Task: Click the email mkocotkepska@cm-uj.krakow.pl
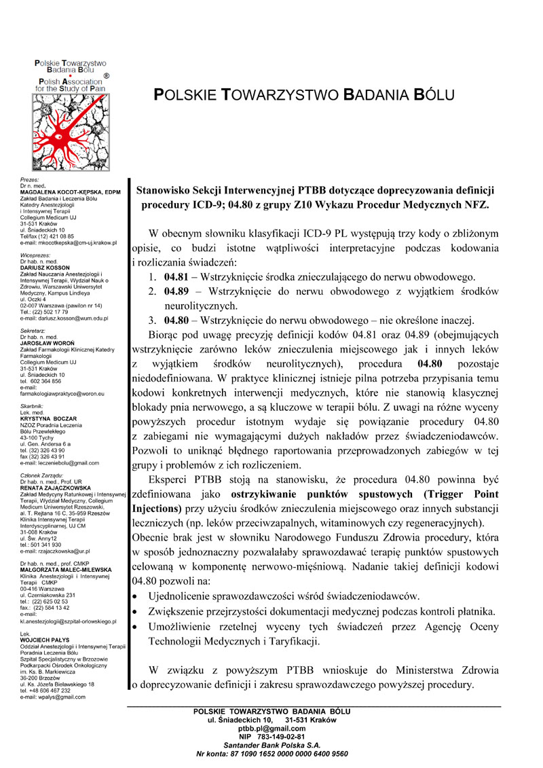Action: pyautogui.click(x=69, y=242)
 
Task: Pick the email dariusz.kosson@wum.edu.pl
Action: pyautogui.click(x=64, y=317)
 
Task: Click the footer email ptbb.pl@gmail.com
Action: pyautogui.click(x=271, y=727)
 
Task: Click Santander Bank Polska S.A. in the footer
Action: pyautogui.click(x=271, y=744)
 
